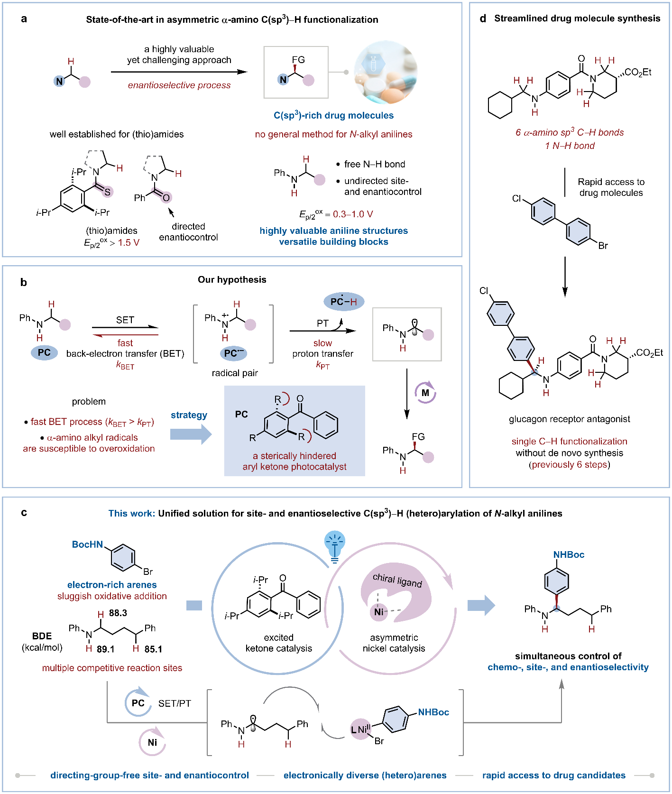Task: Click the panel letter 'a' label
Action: (24, 19)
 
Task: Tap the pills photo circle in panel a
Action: (386, 72)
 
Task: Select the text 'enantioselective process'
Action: (179, 85)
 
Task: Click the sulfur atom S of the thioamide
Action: (108, 192)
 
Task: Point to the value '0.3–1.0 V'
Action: (353, 214)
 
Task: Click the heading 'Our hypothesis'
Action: (232, 280)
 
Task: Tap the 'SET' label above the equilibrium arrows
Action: (125, 320)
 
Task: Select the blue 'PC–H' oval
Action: (344, 302)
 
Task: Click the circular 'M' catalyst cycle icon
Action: (425, 393)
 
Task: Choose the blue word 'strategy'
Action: (189, 415)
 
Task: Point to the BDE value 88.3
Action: (118, 613)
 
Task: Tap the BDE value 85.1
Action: (153, 649)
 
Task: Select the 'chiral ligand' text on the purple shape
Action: (397, 580)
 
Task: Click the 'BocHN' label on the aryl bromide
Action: (87, 545)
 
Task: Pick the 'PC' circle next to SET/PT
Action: (138, 703)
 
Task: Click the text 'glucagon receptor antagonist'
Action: (570, 419)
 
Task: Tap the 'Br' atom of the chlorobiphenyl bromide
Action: (603, 246)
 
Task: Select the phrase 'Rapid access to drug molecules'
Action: (611, 187)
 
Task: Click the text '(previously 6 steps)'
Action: (570, 465)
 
